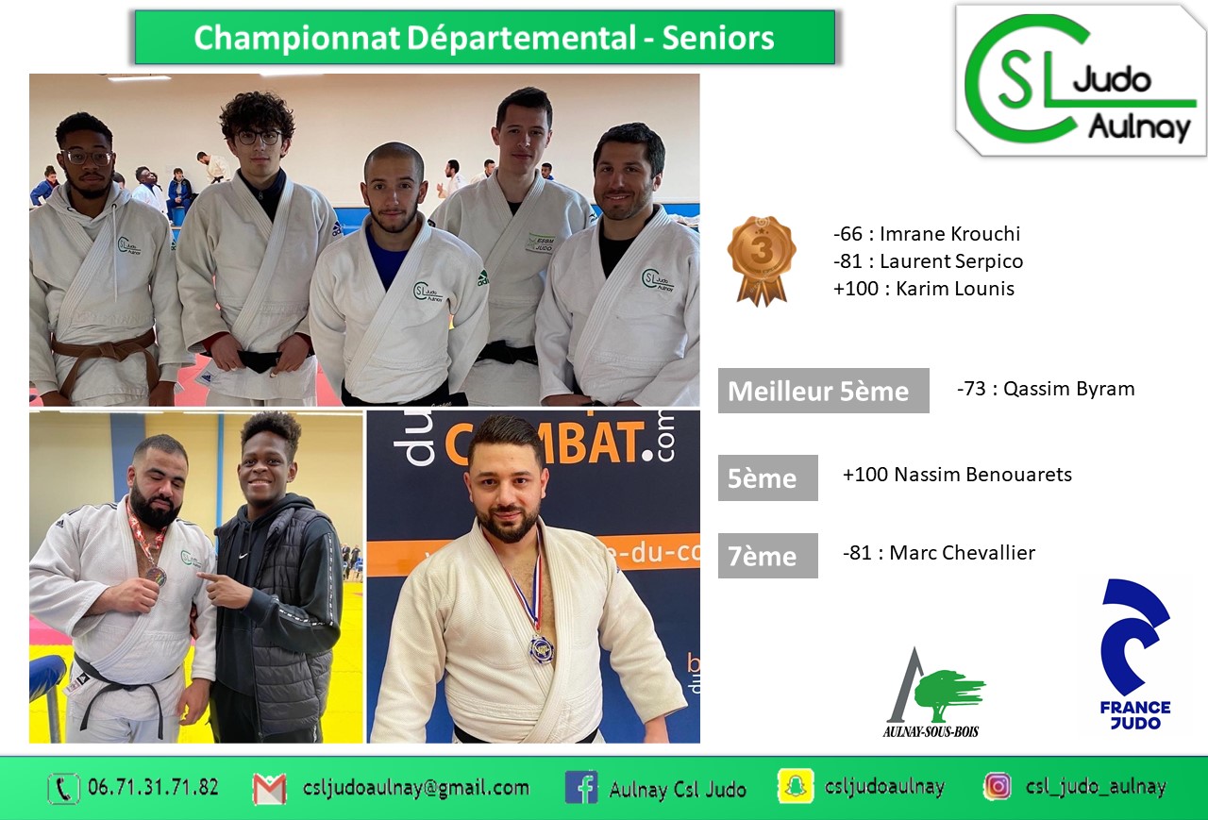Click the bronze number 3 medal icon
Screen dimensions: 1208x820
[x=762, y=260]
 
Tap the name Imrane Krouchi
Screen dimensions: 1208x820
[x=949, y=234]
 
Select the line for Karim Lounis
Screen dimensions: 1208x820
[x=924, y=289]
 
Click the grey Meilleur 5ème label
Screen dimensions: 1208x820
[x=824, y=391]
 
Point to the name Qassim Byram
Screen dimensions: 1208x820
[x=1068, y=389]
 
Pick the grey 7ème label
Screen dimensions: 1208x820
[x=768, y=556]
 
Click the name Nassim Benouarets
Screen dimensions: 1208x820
[x=982, y=475]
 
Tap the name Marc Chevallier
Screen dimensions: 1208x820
[x=962, y=553]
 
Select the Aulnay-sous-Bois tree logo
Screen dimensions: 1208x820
[x=933, y=693]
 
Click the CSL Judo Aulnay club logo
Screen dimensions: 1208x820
[x=1081, y=80]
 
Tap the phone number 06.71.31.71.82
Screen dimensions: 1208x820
[x=153, y=787]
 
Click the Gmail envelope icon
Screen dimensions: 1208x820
[x=270, y=788]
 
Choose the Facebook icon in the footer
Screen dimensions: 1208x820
[x=581, y=788]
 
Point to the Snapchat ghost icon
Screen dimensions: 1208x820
[x=795, y=787]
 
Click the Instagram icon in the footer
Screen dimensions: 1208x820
[x=998, y=787]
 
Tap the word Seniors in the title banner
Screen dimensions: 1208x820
[x=718, y=38]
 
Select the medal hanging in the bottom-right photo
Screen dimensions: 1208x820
[x=541, y=648]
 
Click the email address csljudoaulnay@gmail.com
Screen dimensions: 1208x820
[x=416, y=788]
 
